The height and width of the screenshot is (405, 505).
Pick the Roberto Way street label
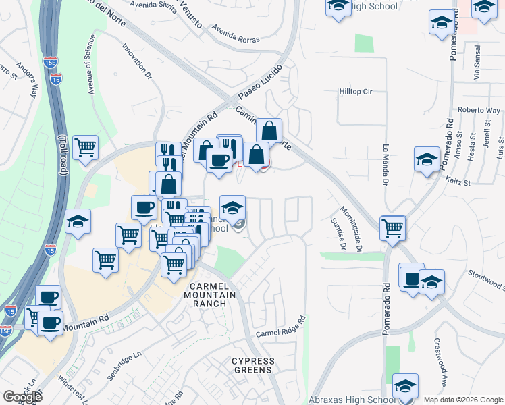tap(479, 110)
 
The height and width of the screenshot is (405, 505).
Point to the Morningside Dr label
tap(352, 230)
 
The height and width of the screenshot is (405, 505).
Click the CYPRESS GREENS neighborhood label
tap(253, 365)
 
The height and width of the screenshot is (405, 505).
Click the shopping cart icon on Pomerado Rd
tap(392, 228)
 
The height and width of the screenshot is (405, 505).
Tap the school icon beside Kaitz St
tap(427, 160)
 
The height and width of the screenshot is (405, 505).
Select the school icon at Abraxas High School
tap(405, 386)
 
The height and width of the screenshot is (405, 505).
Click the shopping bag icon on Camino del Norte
tap(269, 130)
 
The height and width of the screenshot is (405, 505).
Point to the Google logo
tap(22, 397)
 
